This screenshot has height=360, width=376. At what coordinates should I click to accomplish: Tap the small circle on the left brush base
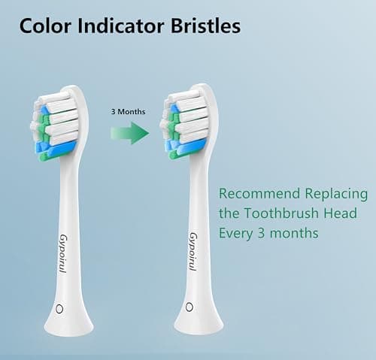(60, 308)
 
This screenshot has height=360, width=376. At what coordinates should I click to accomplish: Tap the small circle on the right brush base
(190, 307)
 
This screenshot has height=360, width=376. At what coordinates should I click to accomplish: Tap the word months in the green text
(293, 234)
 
